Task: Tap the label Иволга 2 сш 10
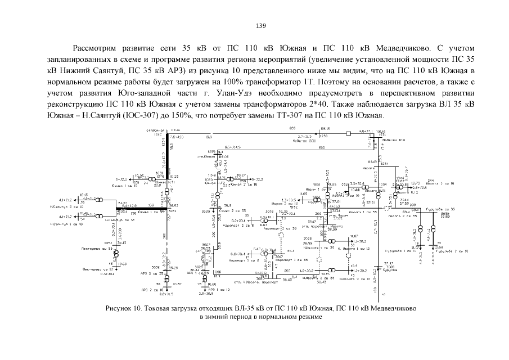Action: (440, 183)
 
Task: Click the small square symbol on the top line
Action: (349, 134)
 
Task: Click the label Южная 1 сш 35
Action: (147, 213)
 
